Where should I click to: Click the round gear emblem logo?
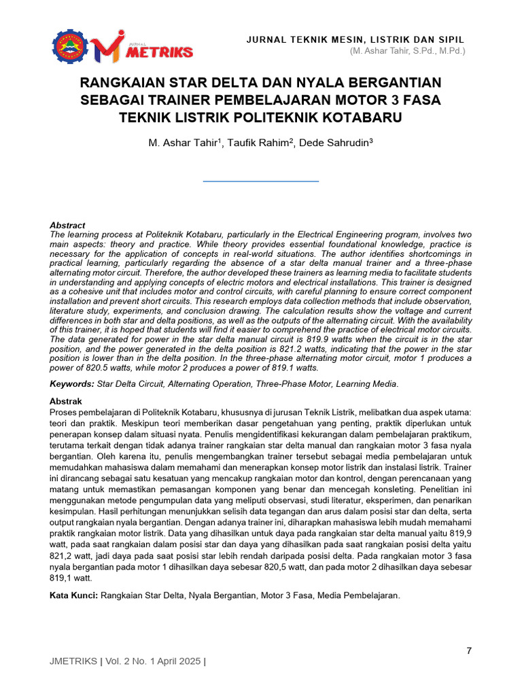70,46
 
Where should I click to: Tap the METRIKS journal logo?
144,46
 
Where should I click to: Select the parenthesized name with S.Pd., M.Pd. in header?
408,51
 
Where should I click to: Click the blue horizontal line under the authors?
261,181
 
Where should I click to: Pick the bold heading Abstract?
67,225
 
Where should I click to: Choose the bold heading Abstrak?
66,402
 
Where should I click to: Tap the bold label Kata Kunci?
75,595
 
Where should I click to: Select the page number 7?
469,651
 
